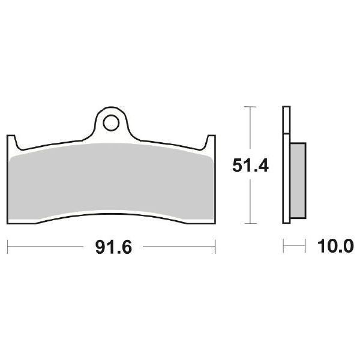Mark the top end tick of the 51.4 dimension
[x=250, y=107]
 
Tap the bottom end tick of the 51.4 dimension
[x=250, y=223]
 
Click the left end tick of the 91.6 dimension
[x=7, y=245]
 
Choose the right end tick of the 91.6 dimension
[x=215, y=245]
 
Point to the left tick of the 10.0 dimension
[x=283, y=245]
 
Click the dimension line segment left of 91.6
[x=48, y=245]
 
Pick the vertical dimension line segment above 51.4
[x=250, y=129]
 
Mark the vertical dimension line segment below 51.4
[x=250, y=201]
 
